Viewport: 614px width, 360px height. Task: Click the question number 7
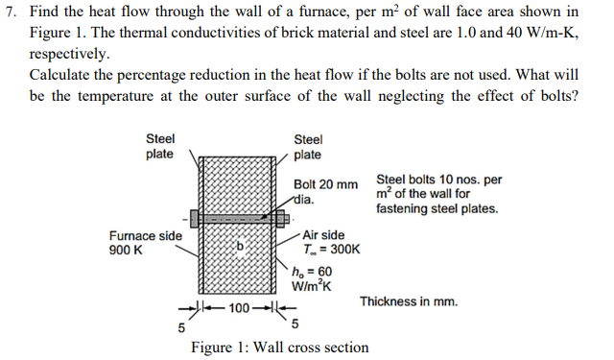[11, 12]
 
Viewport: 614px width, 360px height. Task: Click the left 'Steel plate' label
[159, 147]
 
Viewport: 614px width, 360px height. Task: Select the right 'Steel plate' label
[308, 147]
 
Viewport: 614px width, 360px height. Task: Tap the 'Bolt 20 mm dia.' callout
[325, 191]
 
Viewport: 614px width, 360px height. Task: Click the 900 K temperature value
[124, 248]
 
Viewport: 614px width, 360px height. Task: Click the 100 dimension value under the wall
[239, 307]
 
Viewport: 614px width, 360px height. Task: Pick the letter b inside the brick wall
[242, 246]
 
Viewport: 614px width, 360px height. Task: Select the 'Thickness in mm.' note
[409, 301]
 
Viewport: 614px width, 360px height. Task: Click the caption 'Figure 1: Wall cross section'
[279, 347]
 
